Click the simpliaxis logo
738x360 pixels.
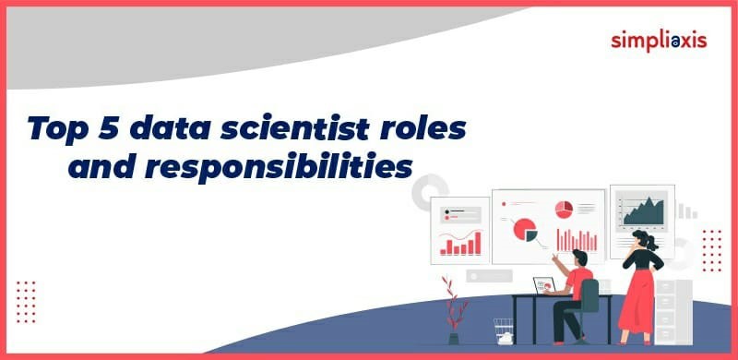(x=660, y=41)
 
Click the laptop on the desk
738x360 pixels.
(x=544, y=286)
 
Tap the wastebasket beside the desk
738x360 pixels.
(x=503, y=330)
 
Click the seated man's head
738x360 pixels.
(x=578, y=258)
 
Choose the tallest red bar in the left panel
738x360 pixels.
(x=477, y=243)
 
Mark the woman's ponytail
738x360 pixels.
(x=653, y=242)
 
